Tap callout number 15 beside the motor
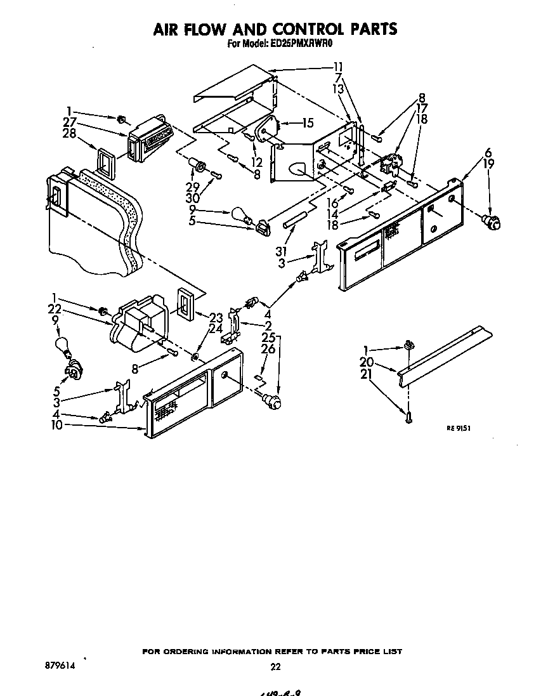click(308, 122)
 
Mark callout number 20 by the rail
click(384, 362)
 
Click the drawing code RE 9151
click(459, 428)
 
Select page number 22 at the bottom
click(275, 666)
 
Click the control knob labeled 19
click(492, 221)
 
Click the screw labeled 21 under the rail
click(408, 417)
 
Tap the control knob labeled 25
click(273, 400)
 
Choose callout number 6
click(488, 152)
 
